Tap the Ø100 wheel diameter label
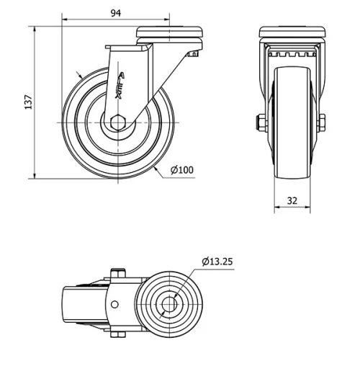click(181, 170)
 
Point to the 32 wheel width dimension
click(292, 200)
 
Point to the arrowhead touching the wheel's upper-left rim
click(79, 75)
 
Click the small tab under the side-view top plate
click(192, 53)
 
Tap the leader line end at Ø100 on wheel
click(156, 168)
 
